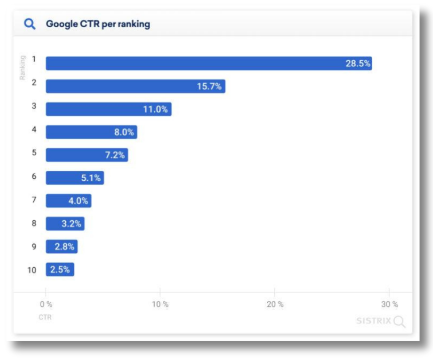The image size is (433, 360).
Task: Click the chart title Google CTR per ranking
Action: coord(98,24)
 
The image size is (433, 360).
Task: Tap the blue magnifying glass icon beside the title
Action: coord(30,24)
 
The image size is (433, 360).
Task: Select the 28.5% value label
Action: coord(358,63)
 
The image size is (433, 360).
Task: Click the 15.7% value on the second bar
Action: coord(209,86)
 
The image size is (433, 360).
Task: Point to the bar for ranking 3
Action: coord(108,109)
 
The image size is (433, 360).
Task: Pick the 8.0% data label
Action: coord(124,132)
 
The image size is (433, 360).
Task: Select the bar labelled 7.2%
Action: coord(86,155)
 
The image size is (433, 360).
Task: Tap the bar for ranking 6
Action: coord(74,178)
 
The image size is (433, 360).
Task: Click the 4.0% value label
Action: coord(78,201)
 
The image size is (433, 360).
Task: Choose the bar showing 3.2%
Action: coord(65,224)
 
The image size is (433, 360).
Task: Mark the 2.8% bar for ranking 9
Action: coord(61,247)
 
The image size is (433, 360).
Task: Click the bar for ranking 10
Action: coord(60,270)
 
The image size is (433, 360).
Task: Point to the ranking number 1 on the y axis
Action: coord(34,59)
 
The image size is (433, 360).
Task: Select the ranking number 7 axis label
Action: coord(34,200)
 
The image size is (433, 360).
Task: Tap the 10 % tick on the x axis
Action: coord(160,304)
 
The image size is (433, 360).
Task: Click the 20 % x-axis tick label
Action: coord(275,304)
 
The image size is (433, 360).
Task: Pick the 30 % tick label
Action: coord(389,304)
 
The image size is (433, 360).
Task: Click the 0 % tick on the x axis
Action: coord(46,304)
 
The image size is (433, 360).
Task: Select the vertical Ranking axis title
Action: coord(23,67)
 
